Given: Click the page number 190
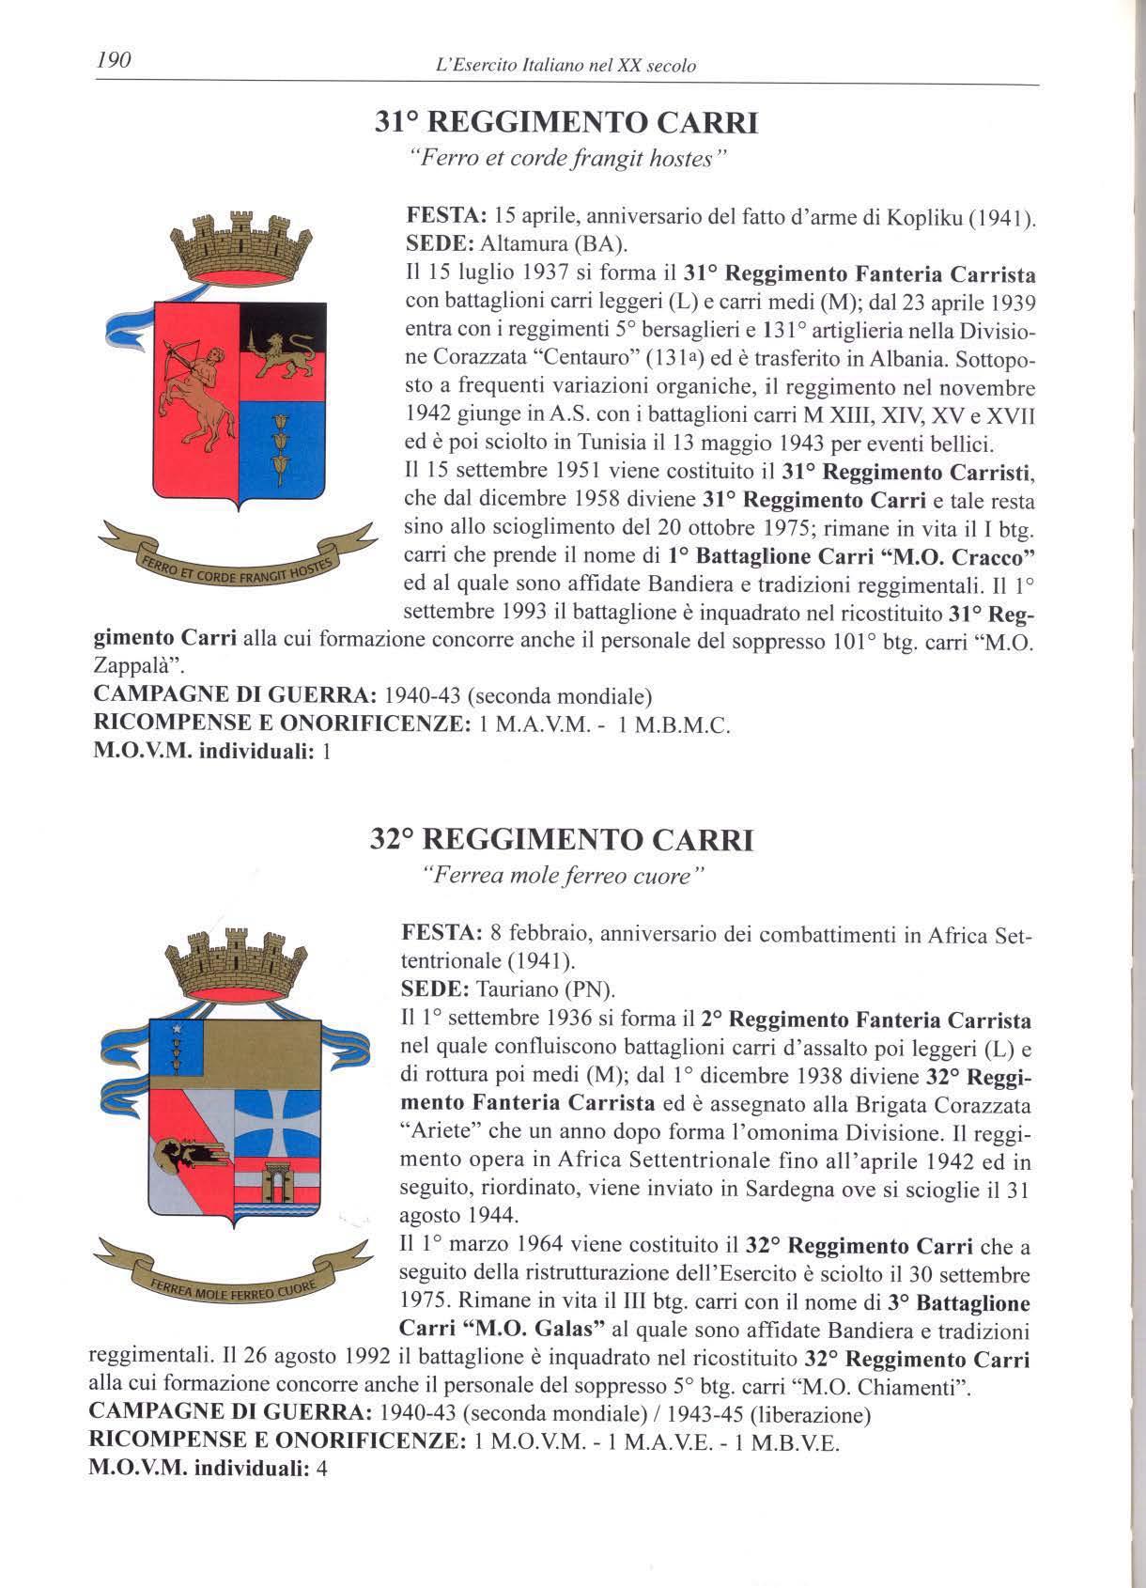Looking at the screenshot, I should click(x=112, y=62).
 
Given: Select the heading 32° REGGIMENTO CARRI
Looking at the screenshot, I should click(x=562, y=838).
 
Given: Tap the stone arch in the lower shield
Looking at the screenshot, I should click(x=281, y=1179).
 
